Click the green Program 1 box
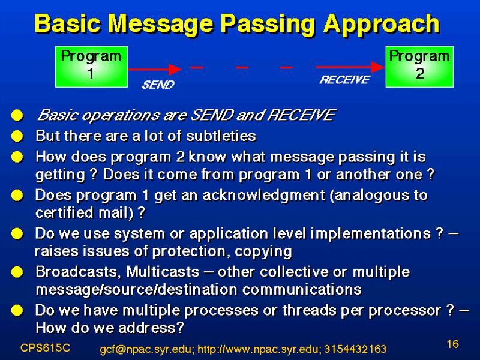92,67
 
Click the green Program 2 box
419,67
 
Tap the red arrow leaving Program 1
155,69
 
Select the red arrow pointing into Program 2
350,67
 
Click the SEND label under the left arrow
158,85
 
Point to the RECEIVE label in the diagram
344,80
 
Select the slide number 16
453,344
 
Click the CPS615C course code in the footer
46,348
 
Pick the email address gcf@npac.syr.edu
146,349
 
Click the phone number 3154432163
355,349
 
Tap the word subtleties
221,136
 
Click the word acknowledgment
263,196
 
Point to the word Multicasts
163,272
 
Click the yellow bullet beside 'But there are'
17,136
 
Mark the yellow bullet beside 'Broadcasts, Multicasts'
17,272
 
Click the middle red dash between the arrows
242,67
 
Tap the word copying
263,252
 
